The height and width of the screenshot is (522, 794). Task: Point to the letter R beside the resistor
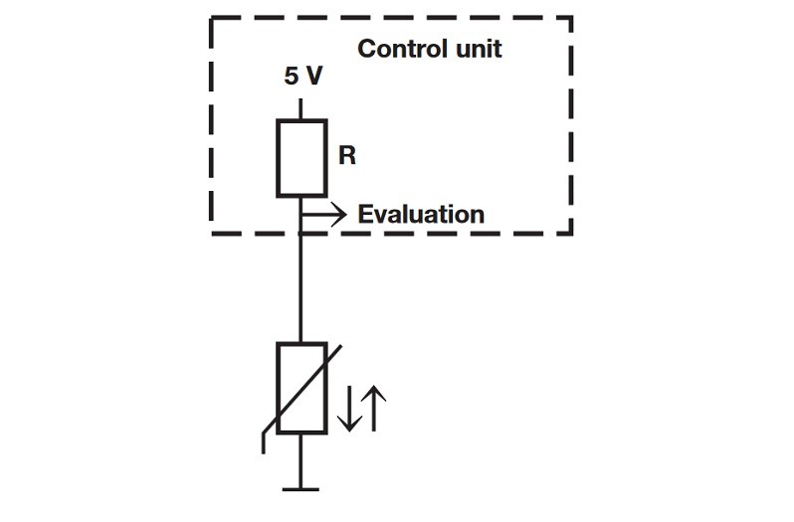click(346, 157)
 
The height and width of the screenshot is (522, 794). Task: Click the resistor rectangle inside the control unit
click(301, 157)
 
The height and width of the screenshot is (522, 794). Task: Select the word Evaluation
click(421, 214)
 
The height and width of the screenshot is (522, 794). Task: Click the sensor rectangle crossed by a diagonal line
click(301, 388)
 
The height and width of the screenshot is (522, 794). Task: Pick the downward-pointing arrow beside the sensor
click(348, 408)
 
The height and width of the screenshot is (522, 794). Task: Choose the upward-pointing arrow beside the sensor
click(374, 408)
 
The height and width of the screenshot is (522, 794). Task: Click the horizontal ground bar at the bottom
click(301, 488)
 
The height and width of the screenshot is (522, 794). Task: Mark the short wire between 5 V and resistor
click(301, 106)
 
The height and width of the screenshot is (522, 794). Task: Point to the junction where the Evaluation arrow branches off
click(301, 213)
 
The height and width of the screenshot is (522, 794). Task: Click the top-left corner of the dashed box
click(212, 18)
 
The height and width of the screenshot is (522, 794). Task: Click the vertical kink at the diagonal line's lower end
click(263, 442)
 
